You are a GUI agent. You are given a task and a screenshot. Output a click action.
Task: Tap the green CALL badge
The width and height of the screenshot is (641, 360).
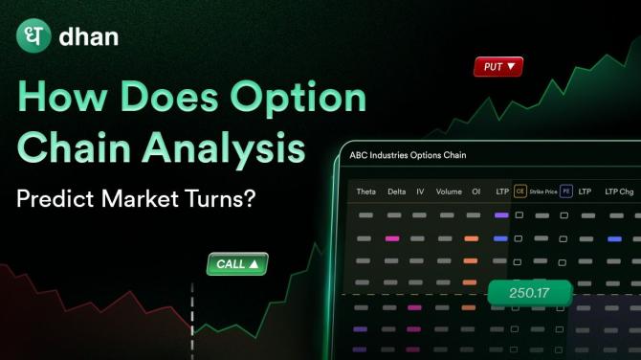[237, 263]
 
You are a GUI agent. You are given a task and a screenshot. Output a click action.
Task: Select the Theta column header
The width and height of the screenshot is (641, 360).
[365, 191]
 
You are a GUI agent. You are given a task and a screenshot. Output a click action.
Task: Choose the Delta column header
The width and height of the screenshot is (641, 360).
[396, 191]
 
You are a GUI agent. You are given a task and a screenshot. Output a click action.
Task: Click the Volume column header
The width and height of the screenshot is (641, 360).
[449, 191]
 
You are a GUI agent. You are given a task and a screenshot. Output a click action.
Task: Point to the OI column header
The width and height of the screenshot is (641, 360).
[475, 191]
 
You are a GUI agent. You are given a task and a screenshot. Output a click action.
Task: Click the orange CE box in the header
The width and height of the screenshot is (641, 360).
[520, 191]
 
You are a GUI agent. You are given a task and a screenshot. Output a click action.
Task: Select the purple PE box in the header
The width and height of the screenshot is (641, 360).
[565, 191]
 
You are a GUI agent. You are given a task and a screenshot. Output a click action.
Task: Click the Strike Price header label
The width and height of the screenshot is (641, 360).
[542, 191]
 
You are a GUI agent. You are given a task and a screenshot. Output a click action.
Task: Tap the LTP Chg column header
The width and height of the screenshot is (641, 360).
[620, 191]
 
